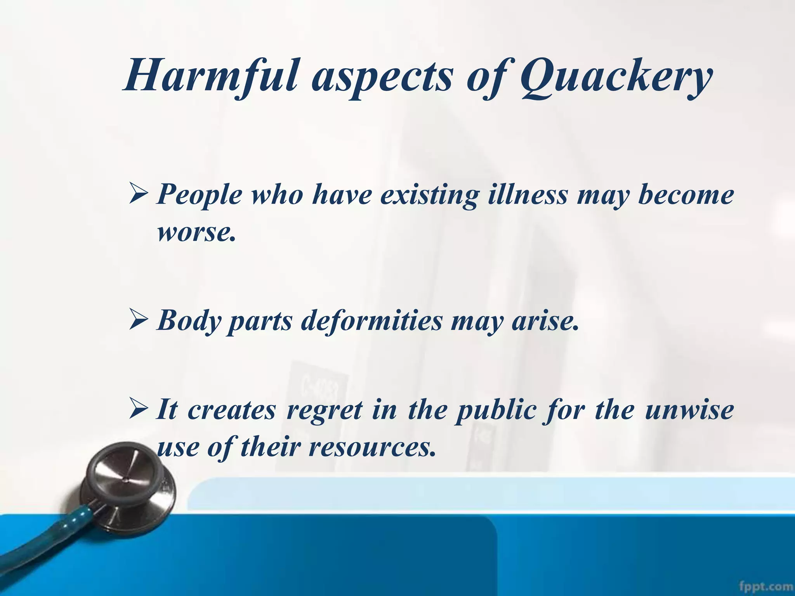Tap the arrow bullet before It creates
[x=138, y=410]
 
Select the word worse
[x=196, y=232]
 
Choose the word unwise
[x=689, y=410]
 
